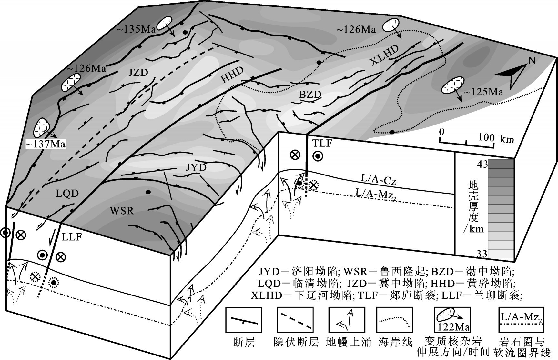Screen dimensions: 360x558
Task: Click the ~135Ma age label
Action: [x=136, y=29]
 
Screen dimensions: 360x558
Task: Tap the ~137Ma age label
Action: [x=46, y=144]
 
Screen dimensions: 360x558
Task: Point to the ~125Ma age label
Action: [x=483, y=92]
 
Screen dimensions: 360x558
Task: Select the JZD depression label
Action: [x=138, y=73]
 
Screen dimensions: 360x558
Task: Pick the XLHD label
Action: [x=384, y=55]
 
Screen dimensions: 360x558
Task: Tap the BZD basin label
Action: [x=310, y=95]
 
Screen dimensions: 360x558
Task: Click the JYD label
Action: [x=196, y=167]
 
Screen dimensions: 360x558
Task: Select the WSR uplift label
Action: [x=122, y=211]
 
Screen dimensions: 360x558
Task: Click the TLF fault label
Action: [x=322, y=143]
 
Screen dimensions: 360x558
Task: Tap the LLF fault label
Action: [x=71, y=237]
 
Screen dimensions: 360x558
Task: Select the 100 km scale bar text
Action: [x=495, y=138]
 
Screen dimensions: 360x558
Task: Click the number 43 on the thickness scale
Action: [x=482, y=164]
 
